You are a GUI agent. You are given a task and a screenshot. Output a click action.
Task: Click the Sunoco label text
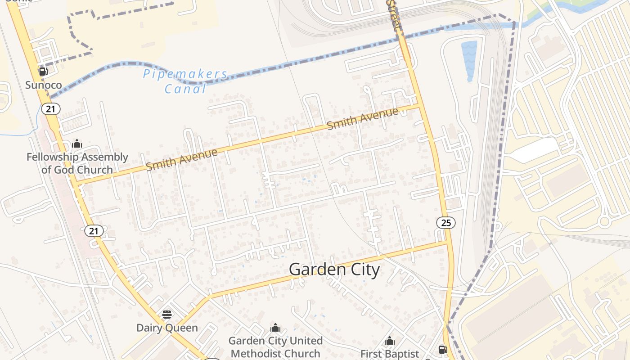(43, 85)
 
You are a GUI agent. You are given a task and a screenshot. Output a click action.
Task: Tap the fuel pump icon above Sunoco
(43, 71)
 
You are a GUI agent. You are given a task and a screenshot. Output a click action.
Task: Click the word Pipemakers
(185, 74)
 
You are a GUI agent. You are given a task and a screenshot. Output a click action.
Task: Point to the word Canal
(185, 89)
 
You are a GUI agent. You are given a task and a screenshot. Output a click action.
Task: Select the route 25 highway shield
(445, 222)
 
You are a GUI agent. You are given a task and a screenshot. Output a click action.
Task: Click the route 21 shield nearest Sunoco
(50, 108)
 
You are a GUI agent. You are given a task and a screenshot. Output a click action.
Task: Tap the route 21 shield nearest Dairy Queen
(94, 231)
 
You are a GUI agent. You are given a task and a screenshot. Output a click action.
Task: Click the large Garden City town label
(334, 270)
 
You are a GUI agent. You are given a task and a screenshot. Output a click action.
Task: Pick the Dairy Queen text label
(167, 328)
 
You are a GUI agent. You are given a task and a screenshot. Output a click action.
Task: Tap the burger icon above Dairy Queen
(167, 314)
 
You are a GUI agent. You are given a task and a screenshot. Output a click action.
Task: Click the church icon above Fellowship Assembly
(77, 144)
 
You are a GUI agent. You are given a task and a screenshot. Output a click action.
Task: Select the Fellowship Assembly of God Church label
(77, 163)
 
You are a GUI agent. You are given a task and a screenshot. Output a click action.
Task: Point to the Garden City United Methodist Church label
(275, 347)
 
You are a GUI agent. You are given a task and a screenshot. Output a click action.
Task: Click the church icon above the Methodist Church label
(275, 328)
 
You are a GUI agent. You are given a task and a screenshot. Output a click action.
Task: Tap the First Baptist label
(390, 354)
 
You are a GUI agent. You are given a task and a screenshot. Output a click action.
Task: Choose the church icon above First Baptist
(390, 341)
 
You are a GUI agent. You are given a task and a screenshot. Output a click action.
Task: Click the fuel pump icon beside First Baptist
(443, 349)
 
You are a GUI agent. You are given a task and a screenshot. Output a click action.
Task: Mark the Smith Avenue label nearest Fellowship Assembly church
(182, 160)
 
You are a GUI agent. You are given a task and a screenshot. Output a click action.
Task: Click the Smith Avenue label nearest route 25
(363, 119)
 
